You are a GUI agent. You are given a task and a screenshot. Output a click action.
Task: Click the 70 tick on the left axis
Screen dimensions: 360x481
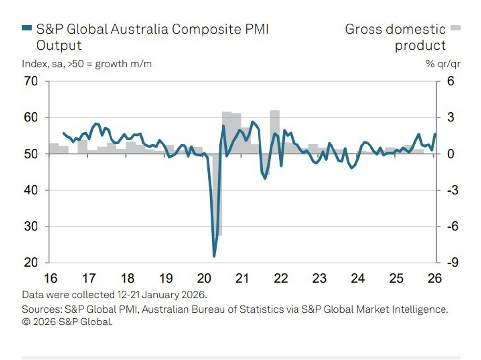click(31, 81)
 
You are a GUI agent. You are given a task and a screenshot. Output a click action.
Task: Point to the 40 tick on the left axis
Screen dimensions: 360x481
click(31, 190)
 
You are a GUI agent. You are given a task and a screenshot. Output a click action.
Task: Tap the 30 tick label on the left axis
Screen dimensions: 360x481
click(31, 227)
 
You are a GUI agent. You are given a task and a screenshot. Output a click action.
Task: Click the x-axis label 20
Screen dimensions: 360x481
click(203, 279)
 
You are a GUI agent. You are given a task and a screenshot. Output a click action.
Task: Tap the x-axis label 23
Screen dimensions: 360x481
click(319, 279)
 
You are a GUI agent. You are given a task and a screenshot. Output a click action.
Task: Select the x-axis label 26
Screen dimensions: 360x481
click(435, 279)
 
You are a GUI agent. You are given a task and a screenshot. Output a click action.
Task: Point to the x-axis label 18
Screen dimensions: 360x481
click(127, 279)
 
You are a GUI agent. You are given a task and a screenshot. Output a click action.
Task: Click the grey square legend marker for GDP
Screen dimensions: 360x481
click(455, 28)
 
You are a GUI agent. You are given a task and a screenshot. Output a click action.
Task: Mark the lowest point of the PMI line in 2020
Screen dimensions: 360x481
click(214, 256)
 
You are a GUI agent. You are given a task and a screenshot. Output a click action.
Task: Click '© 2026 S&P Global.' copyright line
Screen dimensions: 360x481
click(68, 323)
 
